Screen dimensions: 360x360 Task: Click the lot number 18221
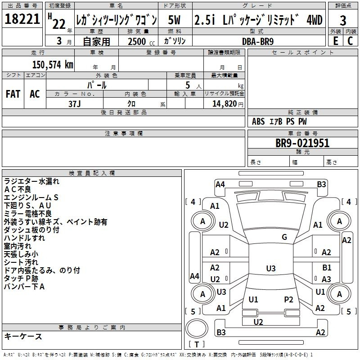(x=22, y=19)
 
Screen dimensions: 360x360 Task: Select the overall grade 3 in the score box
(x=343, y=21)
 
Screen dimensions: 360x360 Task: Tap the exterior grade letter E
(x=336, y=41)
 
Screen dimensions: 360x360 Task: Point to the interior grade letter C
(x=350, y=41)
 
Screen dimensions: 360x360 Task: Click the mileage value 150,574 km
(x=53, y=65)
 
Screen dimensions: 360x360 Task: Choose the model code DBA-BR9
(x=258, y=41)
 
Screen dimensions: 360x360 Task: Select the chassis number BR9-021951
(x=302, y=143)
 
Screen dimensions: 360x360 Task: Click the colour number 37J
(x=75, y=104)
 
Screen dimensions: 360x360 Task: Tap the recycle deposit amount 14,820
(x=224, y=104)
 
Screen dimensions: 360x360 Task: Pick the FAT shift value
(x=13, y=94)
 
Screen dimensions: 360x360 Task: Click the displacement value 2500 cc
(x=141, y=41)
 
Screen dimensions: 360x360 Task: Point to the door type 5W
(x=174, y=20)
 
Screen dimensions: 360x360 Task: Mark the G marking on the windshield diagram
(x=284, y=237)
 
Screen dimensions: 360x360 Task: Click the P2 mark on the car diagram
(x=288, y=300)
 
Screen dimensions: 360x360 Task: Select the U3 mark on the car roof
(x=271, y=268)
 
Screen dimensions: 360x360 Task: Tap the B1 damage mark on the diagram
(x=327, y=268)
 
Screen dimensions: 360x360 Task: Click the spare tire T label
(x=197, y=344)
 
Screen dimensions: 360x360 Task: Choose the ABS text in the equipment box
(x=258, y=121)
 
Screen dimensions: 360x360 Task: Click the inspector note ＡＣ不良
(x=18, y=189)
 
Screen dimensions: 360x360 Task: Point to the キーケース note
(x=23, y=336)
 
